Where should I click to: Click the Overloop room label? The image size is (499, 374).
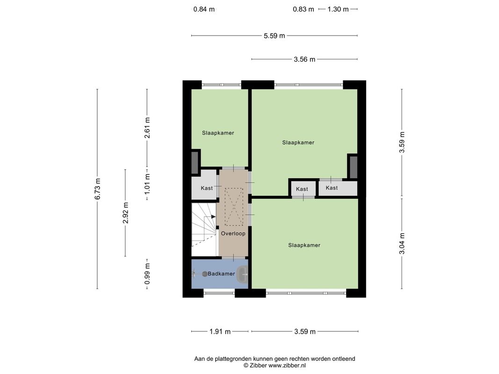click(x=233, y=233)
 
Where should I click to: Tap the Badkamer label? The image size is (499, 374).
click(x=221, y=273)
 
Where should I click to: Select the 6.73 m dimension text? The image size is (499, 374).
click(x=98, y=189)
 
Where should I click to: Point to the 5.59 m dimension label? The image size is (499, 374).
click(x=275, y=36)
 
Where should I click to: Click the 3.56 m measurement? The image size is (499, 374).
click(x=304, y=59)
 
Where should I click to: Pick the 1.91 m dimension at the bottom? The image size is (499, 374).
click(x=220, y=332)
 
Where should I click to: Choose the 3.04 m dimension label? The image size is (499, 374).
click(x=402, y=244)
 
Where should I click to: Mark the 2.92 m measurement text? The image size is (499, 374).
click(x=126, y=213)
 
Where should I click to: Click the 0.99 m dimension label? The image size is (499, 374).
click(x=147, y=274)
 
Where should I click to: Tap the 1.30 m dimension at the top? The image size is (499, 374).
click(x=338, y=9)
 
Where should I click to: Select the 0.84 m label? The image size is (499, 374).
click(x=204, y=9)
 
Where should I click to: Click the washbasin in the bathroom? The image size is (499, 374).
click(x=243, y=274)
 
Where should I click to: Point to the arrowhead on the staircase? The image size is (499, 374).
click(x=213, y=217)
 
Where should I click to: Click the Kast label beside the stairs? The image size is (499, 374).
click(x=207, y=188)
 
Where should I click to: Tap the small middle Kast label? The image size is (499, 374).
click(x=302, y=189)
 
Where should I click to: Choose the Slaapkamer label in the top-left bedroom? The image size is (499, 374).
click(x=218, y=133)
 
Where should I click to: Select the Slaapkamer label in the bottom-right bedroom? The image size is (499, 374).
click(x=304, y=245)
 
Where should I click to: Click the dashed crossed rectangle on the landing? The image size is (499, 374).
click(x=234, y=206)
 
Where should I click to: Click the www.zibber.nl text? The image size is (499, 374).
click(x=287, y=366)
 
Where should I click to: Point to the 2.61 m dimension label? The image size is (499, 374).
click(x=147, y=128)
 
